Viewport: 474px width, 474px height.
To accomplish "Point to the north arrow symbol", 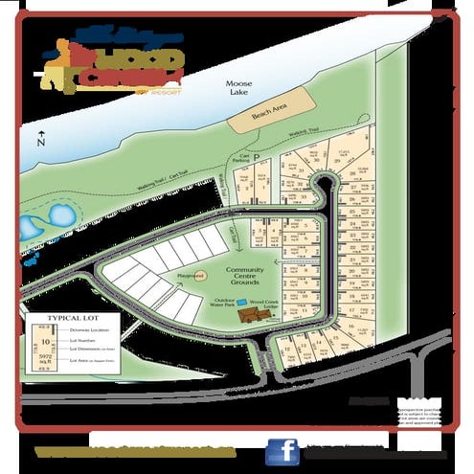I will click(39, 137).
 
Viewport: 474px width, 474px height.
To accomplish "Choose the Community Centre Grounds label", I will click(251, 275).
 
